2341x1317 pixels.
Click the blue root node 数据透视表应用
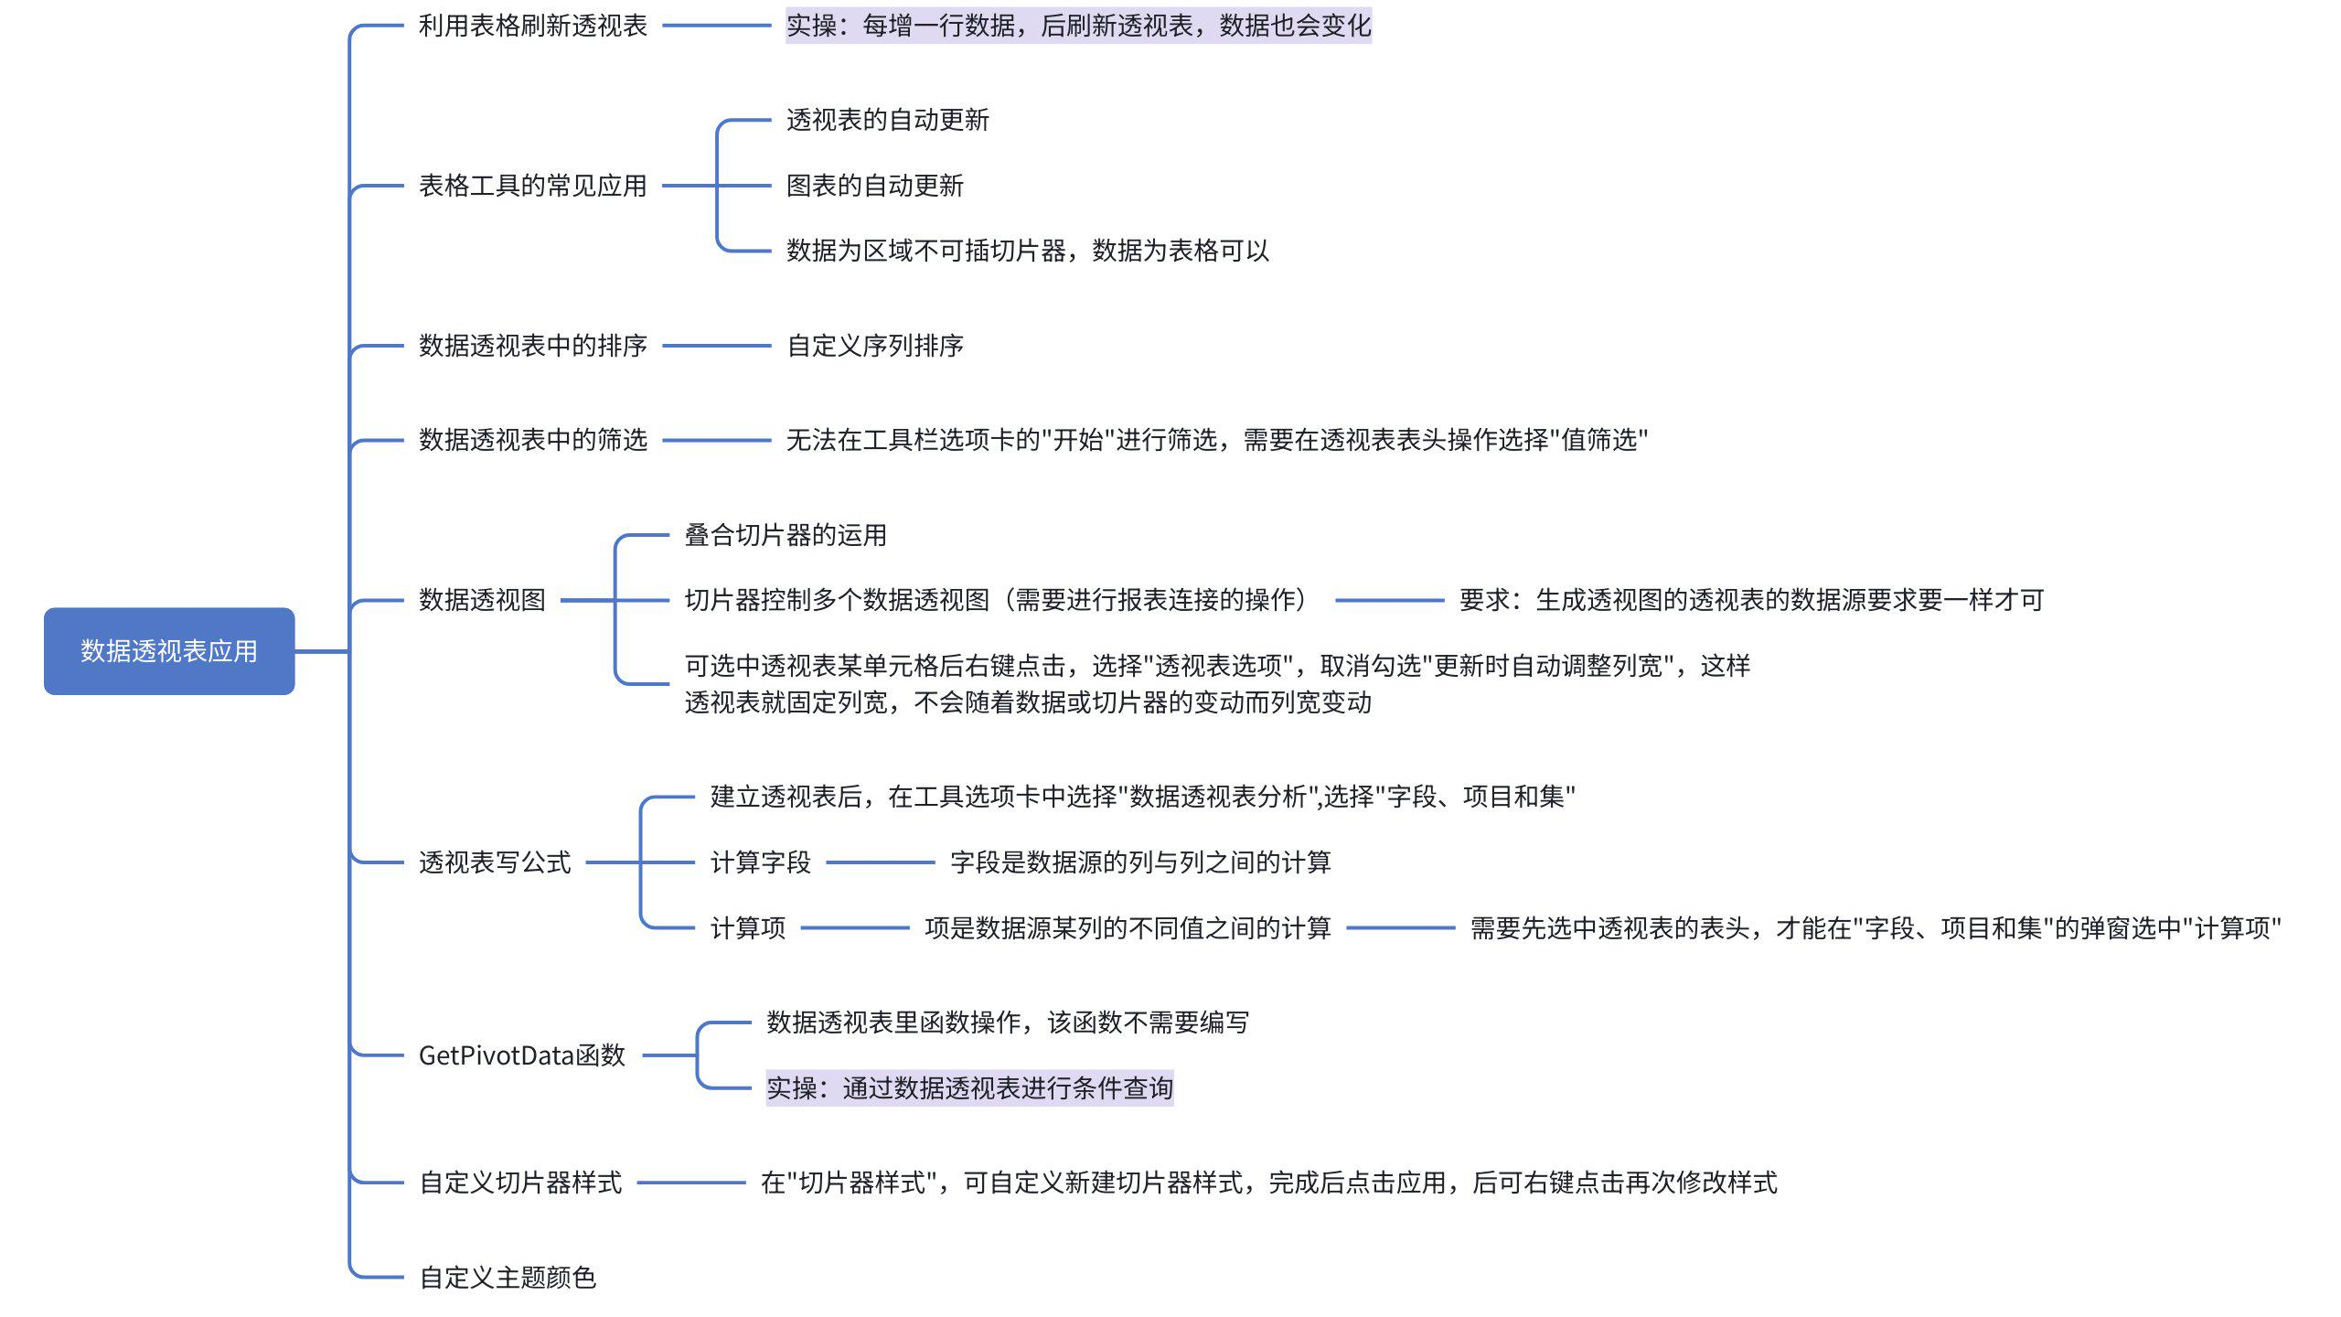coord(169,651)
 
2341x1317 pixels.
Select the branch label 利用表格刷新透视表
coord(532,26)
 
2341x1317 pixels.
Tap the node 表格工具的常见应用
coord(532,186)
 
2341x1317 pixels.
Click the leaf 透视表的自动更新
coord(887,120)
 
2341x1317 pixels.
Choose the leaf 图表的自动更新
coord(874,186)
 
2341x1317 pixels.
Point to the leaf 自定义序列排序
coord(874,346)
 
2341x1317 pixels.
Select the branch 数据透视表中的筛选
coord(532,440)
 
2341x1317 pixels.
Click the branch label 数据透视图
coord(482,600)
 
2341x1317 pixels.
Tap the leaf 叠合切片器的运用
coord(785,535)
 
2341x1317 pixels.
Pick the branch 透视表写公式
coord(495,862)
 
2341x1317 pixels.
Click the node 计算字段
coord(760,862)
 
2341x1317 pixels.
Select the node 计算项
coord(747,928)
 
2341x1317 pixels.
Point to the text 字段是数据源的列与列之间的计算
coord(1139,862)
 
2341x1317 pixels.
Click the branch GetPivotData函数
coord(521,1055)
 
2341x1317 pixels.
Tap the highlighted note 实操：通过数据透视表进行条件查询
coord(969,1088)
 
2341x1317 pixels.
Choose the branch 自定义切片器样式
coord(520,1183)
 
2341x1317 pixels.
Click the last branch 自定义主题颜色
coord(508,1278)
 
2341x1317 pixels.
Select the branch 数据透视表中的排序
coord(532,346)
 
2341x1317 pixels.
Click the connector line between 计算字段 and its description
coord(880,862)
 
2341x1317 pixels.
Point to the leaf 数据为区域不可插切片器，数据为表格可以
coord(1027,251)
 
